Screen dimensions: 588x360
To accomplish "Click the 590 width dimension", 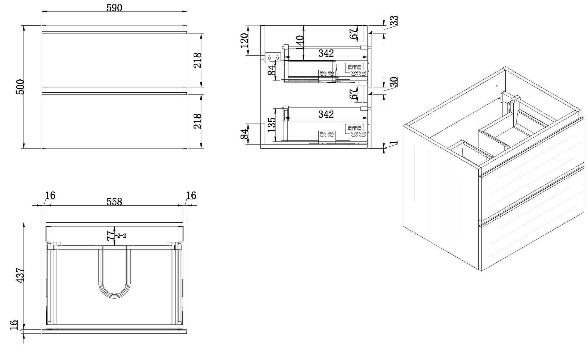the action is pyautogui.click(x=114, y=8).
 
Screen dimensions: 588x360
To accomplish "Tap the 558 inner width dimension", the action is pyautogui.click(x=114, y=201).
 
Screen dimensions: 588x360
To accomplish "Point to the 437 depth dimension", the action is pyautogui.click(x=20, y=275).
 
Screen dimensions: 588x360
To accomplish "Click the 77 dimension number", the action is pyautogui.click(x=111, y=236).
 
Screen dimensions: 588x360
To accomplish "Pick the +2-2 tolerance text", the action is pyautogui.click(x=120, y=236).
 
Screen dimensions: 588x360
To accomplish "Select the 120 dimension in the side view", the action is pyautogui.click(x=245, y=41).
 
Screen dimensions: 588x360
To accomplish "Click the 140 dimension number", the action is pyautogui.click(x=300, y=43).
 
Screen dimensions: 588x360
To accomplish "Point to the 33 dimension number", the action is pyautogui.click(x=393, y=20).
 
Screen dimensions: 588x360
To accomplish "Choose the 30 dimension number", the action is pyautogui.click(x=393, y=81).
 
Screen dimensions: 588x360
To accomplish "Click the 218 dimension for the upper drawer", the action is pyautogui.click(x=197, y=60).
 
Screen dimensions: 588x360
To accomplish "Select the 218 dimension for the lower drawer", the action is pyautogui.click(x=197, y=121).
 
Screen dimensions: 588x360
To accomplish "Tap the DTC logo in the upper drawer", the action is pyautogui.click(x=355, y=67).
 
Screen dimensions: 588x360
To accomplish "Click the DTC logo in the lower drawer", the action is pyautogui.click(x=355, y=128).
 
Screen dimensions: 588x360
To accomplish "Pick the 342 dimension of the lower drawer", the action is pyautogui.click(x=326, y=114).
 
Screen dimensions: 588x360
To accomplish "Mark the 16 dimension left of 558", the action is pyautogui.click(x=50, y=195).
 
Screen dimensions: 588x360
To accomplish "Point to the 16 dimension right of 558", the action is pyautogui.click(x=191, y=195).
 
